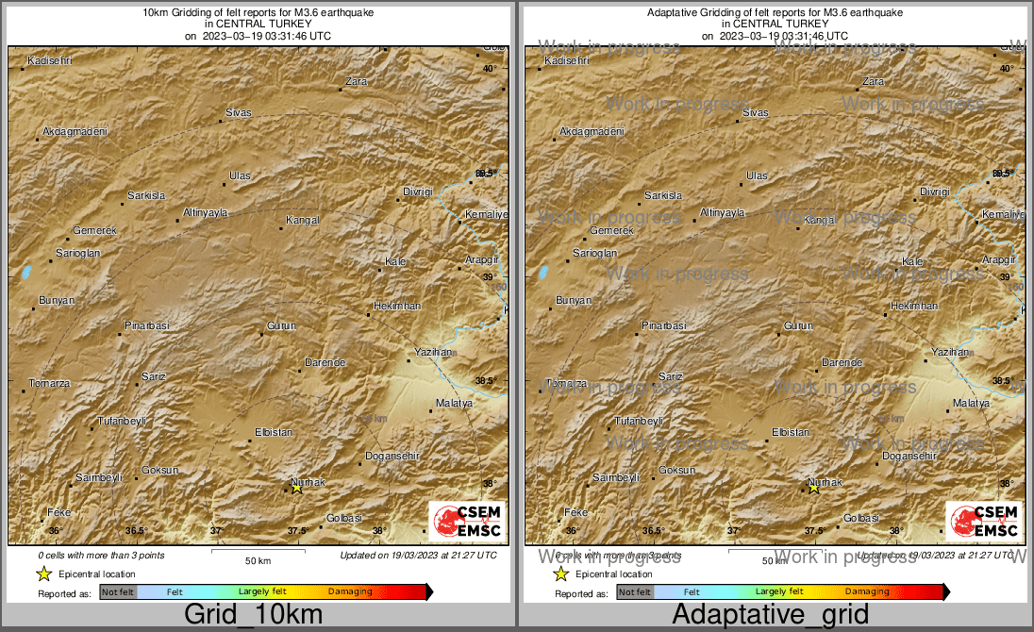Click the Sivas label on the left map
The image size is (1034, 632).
pyautogui.click(x=239, y=113)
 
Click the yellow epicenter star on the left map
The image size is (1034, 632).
pyautogui.click(x=296, y=488)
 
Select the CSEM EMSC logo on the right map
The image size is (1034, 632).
pyautogui.click(x=983, y=522)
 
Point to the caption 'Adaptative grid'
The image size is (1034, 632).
pyautogui.click(x=770, y=615)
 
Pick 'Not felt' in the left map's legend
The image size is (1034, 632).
pyautogui.click(x=118, y=591)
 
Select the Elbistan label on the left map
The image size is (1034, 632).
pyautogui.click(x=275, y=432)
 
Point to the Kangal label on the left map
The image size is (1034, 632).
pyautogui.click(x=303, y=221)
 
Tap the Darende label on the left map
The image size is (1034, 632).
pyautogui.click(x=325, y=363)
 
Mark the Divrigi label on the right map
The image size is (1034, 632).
pyautogui.click(x=934, y=191)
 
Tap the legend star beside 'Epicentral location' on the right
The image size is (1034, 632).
pyautogui.click(x=561, y=574)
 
